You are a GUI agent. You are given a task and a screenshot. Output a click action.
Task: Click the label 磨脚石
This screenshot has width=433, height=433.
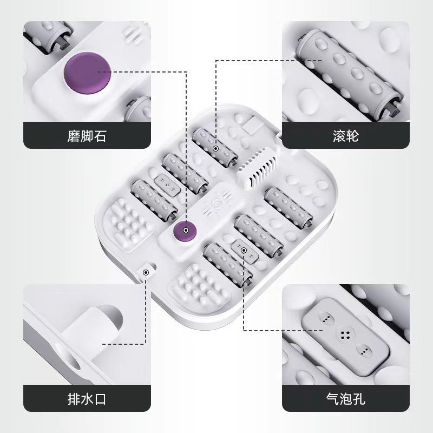pyautogui.click(x=87, y=136)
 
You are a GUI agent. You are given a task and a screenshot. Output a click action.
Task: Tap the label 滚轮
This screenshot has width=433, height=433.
pyautogui.click(x=346, y=136)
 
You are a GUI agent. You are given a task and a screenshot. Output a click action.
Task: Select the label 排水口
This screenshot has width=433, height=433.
pyautogui.click(x=87, y=399)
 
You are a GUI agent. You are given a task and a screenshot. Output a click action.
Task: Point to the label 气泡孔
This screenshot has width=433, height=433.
pyautogui.click(x=346, y=398)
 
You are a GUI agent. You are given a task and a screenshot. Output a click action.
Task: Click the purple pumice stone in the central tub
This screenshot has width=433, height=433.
pyautogui.click(x=185, y=231)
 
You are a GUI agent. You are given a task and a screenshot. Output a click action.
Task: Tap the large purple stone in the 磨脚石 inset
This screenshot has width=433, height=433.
pyautogui.click(x=87, y=73)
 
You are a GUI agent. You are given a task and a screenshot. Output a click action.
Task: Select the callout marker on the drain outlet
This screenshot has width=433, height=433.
pyautogui.click(x=146, y=273)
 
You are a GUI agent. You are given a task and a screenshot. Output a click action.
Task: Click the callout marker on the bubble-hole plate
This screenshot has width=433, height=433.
pyautogui.click(x=244, y=250)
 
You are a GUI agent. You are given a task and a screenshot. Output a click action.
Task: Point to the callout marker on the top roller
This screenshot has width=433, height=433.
pyautogui.click(x=215, y=148)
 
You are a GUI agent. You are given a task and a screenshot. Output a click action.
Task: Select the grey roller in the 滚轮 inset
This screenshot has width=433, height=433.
pyautogui.click(x=349, y=72)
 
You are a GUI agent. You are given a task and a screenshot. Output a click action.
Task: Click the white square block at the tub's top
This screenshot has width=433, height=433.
pyautogui.click(x=253, y=125)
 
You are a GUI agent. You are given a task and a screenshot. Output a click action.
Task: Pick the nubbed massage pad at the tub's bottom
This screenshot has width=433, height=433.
pyautogui.click(x=199, y=286)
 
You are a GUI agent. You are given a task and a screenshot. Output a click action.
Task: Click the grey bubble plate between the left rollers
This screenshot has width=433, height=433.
pyautogui.click(x=167, y=186)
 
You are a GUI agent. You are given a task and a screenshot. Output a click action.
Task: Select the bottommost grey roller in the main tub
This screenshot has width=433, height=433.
pyautogui.click(x=228, y=264)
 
